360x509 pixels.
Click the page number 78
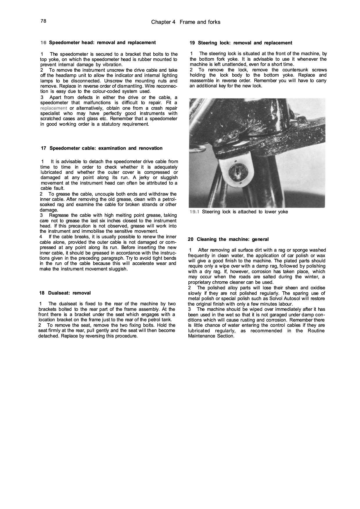(44, 21)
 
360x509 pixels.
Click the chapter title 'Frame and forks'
(200, 22)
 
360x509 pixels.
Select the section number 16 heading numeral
(43, 43)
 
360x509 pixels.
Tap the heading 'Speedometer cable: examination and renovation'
(106, 148)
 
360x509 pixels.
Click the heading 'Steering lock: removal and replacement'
(245, 43)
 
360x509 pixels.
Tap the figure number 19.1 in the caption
(194, 212)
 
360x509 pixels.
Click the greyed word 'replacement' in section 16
(54, 108)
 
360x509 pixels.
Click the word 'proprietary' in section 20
(201, 282)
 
